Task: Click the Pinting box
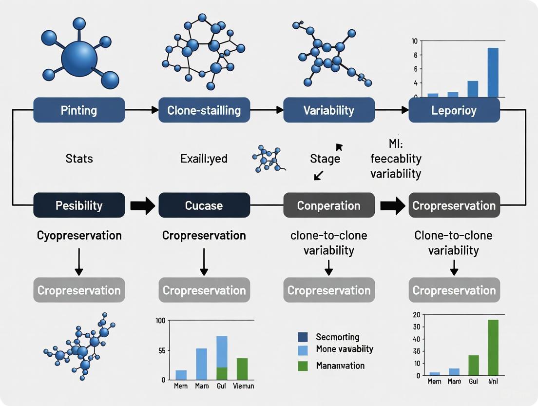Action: click(x=79, y=110)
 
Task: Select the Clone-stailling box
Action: click(x=204, y=110)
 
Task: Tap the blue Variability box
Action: click(x=329, y=110)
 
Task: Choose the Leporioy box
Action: click(x=454, y=110)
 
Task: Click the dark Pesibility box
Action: click(x=79, y=205)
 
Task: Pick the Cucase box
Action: click(x=204, y=205)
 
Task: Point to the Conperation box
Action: click(x=329, y=205)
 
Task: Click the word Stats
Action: click(x=79, y=159)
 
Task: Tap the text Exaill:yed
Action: click(x=204, y=159)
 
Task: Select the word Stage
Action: click(x=325, y=159)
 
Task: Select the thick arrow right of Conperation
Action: click(x=392, y=205)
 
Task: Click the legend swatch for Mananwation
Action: click(x=303, y=365)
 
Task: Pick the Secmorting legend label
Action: click(x=337, y=337)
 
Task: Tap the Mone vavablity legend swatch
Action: click(x=303, y=349)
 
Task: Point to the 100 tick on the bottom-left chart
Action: click(x=160, y=321)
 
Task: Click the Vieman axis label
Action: click(x=242, y=386)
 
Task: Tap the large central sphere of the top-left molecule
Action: click(x=79, y=59)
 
